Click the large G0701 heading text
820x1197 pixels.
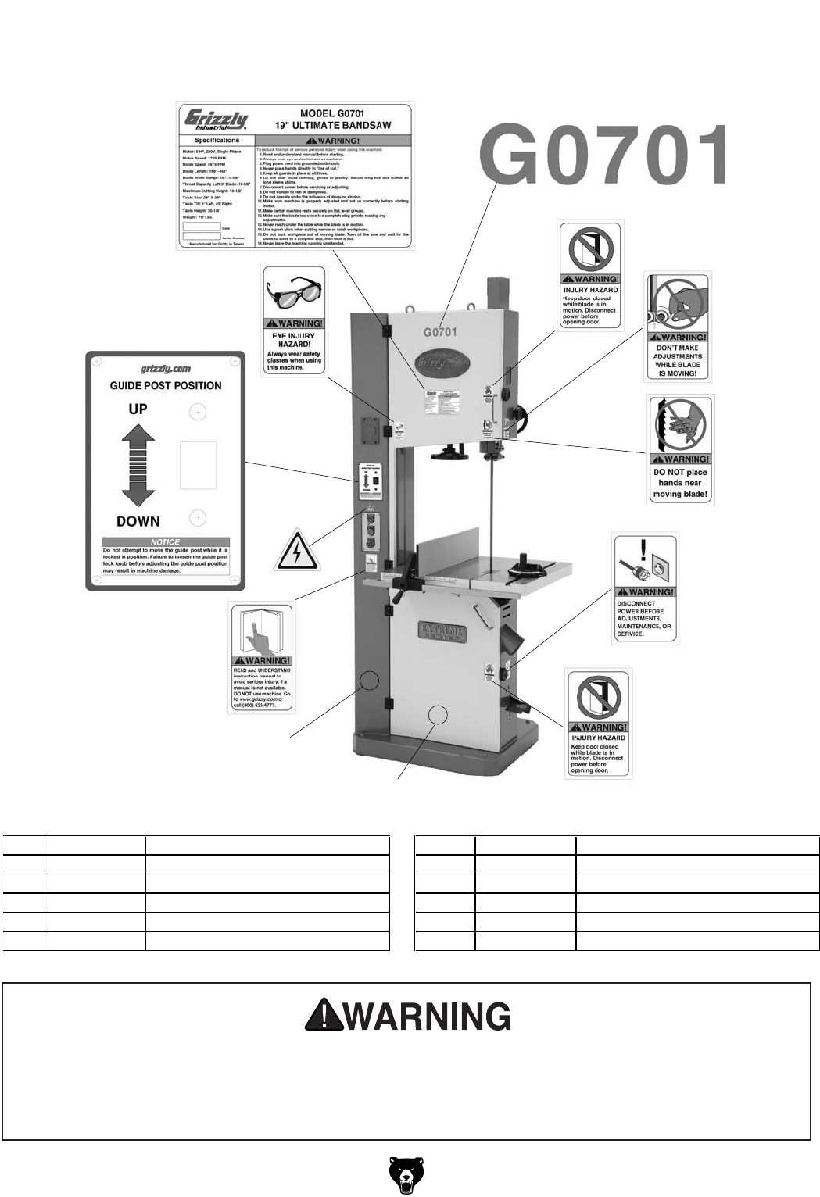tap(605, 156)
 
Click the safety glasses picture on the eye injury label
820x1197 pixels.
tap(293, 291)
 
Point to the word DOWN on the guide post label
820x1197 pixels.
tap(138, 521)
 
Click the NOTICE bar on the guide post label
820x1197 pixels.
tap(165, 541)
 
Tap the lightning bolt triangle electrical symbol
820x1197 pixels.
tap(298, 551)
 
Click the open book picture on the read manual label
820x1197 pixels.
tap(260, 629)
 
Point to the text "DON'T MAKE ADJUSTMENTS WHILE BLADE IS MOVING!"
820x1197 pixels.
tap(678, 360)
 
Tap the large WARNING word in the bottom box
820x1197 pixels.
tap(428, 1016)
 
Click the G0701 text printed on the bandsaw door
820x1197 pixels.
tap(440, 331)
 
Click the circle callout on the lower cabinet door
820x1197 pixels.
tap(439, 713)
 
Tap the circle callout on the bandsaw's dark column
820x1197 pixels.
tap(371, 681)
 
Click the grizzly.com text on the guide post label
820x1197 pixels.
tap(166, 370)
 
